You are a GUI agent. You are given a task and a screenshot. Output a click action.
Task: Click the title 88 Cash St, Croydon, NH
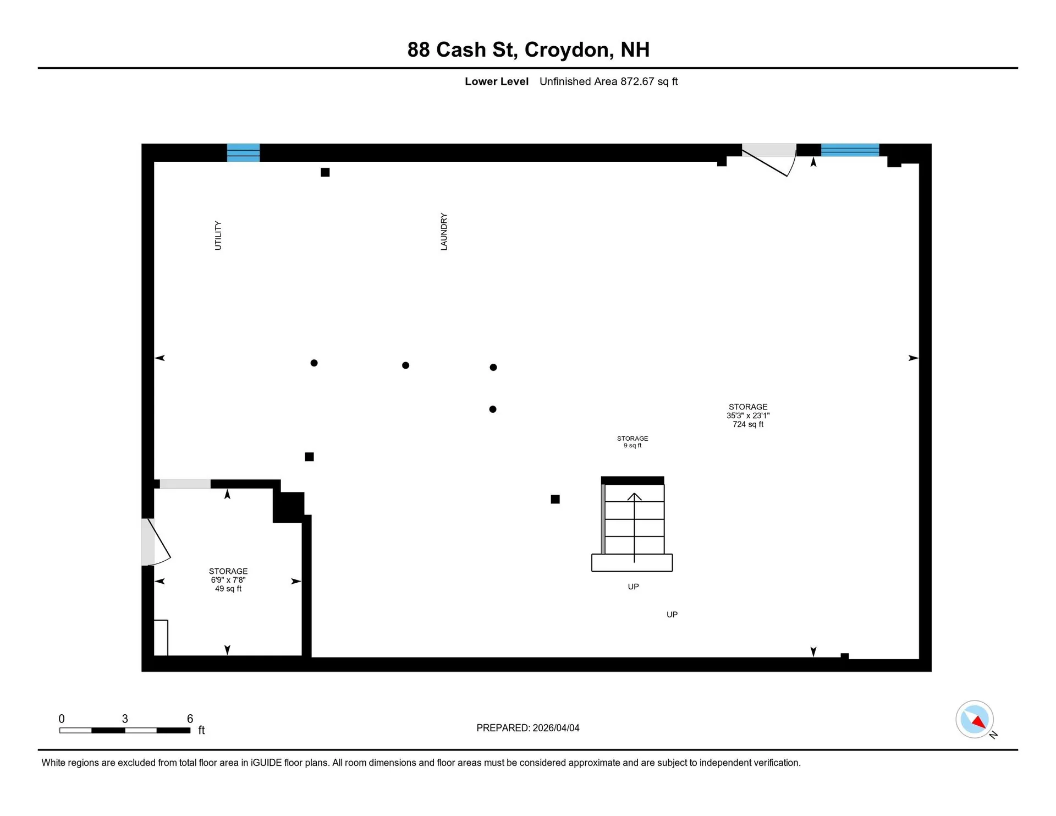click(x=528, y=50)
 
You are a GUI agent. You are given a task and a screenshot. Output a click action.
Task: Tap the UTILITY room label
click(x=218, y=236)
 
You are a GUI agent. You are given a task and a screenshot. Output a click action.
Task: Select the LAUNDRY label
click(x=444, y=232)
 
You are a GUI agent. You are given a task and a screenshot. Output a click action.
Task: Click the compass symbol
click(x=975, y=719)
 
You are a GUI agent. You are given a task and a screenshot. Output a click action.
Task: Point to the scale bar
click(x=125, y=730)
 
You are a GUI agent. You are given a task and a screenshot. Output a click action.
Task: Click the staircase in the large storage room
click(x=632, y=524)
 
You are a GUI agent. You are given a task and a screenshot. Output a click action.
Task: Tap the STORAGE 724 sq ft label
click(x=748, y=415)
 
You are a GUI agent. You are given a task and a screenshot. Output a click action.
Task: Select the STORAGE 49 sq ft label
click(x=228, y=580)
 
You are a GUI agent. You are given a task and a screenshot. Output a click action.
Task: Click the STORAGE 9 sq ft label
click(x=632, y=442)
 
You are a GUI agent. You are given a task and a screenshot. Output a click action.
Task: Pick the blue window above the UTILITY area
click(x=244, y=152)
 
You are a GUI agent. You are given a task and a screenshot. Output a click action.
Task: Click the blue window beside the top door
click(x=850, y=150)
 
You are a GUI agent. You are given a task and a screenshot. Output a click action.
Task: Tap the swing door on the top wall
click(x=769, y=160)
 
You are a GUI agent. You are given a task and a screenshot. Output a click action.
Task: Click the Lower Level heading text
click(x=497, y=81)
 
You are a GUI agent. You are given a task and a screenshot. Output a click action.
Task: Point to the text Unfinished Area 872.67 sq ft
click(x=608, y=81)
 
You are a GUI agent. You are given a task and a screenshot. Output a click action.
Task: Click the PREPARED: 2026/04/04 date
click(x=528, y=728)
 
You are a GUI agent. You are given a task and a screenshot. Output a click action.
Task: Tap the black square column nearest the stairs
click(x=555, y=499)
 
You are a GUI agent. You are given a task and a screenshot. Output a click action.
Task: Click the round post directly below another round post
click(x=493, y=409)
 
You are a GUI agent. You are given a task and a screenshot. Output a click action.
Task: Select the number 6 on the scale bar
click(x=190, y=719)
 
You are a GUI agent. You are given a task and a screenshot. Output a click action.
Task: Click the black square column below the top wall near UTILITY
click(x=325, y=172)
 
